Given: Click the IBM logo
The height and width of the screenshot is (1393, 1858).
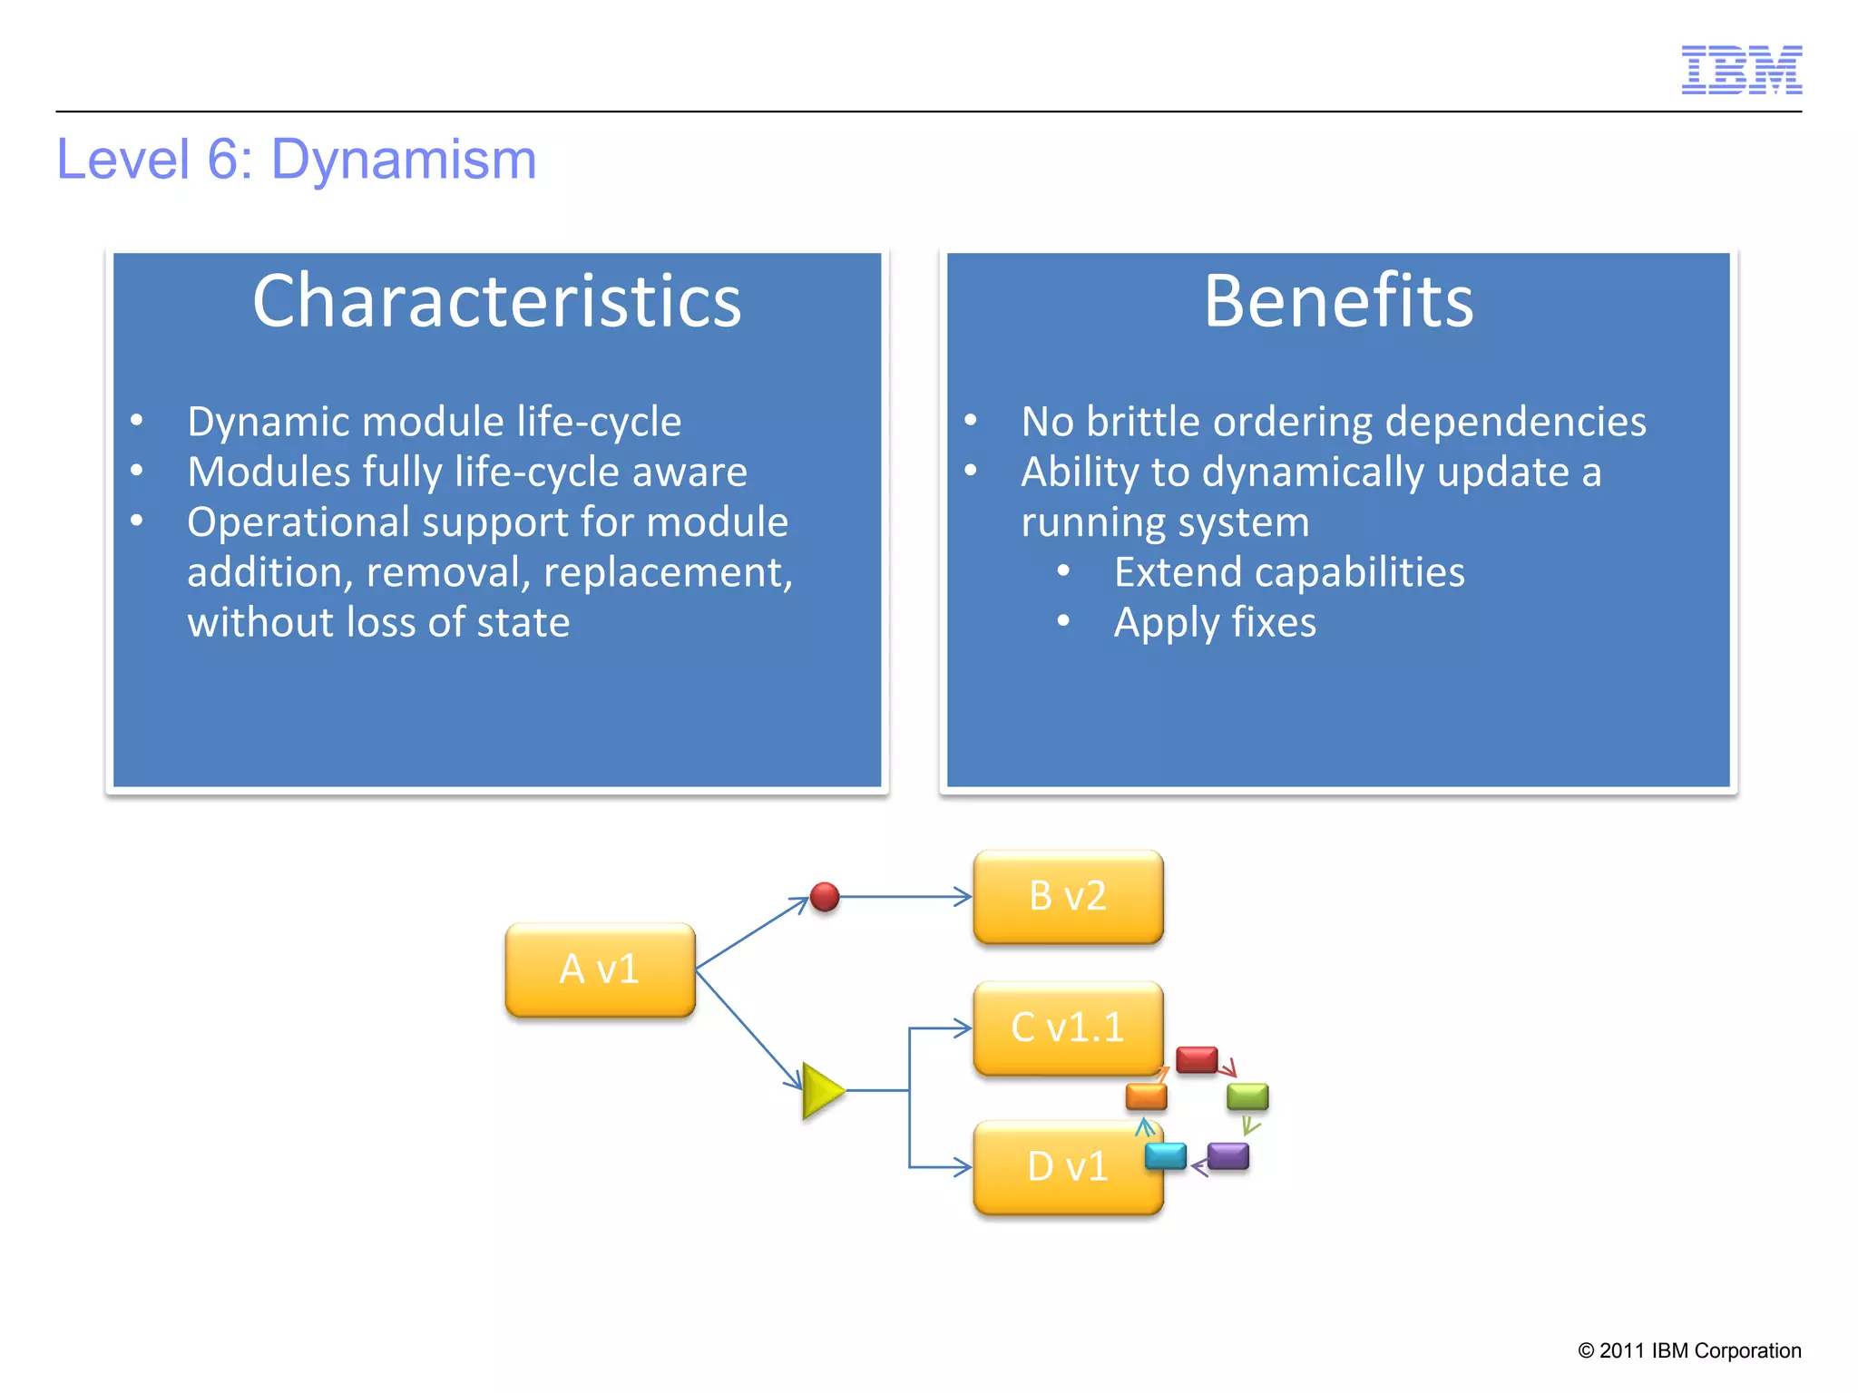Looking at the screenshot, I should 1741,70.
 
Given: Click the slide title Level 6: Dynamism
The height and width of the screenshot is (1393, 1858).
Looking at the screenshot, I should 297,160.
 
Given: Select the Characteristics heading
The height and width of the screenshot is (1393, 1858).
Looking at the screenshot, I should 496,301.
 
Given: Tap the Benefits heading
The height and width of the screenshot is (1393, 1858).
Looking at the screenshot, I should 1338,301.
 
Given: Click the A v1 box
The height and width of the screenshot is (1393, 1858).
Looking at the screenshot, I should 600,969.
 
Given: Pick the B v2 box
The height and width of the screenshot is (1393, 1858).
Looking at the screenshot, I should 1068,896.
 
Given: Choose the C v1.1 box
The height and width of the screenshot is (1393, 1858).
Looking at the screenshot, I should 1068,1028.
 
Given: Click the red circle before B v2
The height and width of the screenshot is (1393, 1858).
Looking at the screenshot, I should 825,897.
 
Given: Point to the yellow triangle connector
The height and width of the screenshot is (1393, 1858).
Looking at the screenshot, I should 821,1091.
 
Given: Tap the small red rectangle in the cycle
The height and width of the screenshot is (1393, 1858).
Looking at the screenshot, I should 1197,1059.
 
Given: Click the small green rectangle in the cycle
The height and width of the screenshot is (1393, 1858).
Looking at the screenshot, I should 1247,1096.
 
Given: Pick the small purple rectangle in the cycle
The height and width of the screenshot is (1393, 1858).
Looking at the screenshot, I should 1228,1156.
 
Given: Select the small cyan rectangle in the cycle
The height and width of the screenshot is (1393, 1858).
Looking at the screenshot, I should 1165,1156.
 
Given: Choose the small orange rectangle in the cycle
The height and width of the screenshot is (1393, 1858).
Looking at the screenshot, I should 1146,1096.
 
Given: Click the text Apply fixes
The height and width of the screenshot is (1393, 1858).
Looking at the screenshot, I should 1215,623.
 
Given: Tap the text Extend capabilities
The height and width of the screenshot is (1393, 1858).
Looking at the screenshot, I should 1289,572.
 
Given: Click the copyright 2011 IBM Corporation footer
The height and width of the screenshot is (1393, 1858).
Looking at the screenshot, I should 1689,1350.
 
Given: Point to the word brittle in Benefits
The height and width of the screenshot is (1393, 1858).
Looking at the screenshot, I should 1143,422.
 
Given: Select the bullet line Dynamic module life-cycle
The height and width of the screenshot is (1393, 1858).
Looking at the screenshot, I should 434,422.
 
